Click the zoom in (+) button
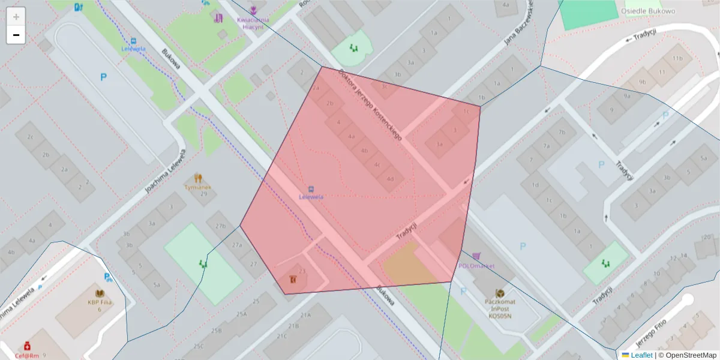(16, 16)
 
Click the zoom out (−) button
(16, 35)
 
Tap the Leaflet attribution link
(641, 355)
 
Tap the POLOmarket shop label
(476, 266)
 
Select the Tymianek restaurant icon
(197, 178)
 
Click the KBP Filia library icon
(100, 293)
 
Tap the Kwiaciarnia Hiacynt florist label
(253, 23)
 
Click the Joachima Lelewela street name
(163, 171)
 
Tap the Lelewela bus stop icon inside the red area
(311, 189)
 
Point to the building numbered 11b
(677, 58)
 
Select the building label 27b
(220, 226)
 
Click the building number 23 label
(302, 271)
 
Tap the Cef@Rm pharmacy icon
(27, 347)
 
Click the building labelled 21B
(293, 326)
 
